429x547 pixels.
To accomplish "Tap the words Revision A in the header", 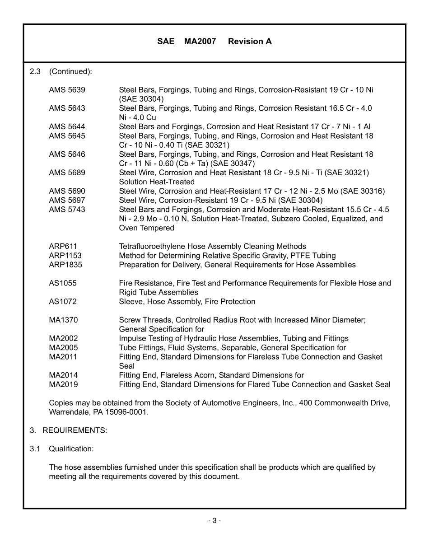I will click(250, 42).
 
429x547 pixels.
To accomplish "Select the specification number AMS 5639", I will click(67, 90).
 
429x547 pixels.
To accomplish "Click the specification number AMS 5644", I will click(67, 127).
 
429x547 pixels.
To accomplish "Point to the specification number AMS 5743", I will click(67, 210).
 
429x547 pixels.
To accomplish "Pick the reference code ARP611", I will click(63, 247).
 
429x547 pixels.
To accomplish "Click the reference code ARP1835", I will click(65, 265).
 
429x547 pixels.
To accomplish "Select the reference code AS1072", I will click(63, 302).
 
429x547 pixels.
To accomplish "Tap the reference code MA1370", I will click(63, 320).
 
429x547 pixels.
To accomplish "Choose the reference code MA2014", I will click(63, 375).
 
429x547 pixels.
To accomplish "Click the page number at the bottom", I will click(214, 521).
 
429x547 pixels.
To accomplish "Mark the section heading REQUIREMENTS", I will click(75, 430).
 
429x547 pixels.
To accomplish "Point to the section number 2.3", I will click(35, 71).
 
